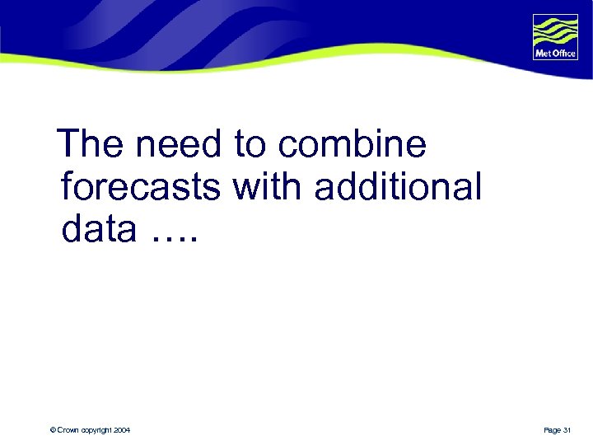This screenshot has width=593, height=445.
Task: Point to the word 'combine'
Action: tap(353, 145)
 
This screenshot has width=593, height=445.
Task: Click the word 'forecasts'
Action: tap(140, 188)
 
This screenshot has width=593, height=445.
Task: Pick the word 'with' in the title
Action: tap(268, 188)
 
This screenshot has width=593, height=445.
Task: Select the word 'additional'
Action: tap(397, 188)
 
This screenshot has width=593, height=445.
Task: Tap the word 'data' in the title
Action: tap(98, 230)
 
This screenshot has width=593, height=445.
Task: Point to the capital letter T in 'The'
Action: tap(72, 145)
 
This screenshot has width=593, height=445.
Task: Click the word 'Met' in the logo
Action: tap(544, 54)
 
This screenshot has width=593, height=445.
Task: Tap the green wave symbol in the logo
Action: tap(555, 32)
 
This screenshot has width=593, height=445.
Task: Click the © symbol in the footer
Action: tap(52, 430)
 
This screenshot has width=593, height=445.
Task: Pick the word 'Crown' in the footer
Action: tap(68, 430)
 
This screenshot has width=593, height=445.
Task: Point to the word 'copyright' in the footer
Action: tap(98, 430)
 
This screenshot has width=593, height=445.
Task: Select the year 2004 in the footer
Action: tap(122, 430)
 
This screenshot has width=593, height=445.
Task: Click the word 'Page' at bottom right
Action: tap(553, 430)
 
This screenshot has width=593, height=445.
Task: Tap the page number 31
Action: tap(567, 430)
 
